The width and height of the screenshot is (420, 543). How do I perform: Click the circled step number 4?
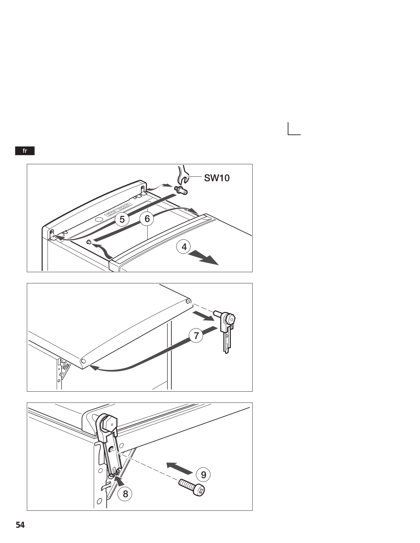184,247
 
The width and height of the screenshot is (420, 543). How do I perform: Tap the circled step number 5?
122,219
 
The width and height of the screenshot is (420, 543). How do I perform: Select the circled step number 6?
147,219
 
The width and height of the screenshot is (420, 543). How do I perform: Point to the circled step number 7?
196,335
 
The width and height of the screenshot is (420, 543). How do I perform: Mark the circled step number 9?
203,474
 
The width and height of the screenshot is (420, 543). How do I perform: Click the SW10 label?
217,178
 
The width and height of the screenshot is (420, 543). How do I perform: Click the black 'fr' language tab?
25,151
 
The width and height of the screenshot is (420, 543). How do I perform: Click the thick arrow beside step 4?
203,258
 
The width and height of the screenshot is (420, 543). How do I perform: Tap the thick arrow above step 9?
180,468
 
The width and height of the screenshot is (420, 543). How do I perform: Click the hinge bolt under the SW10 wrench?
182,190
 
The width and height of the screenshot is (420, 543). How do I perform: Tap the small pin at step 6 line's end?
89,242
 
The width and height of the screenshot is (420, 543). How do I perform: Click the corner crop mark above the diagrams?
288,135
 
